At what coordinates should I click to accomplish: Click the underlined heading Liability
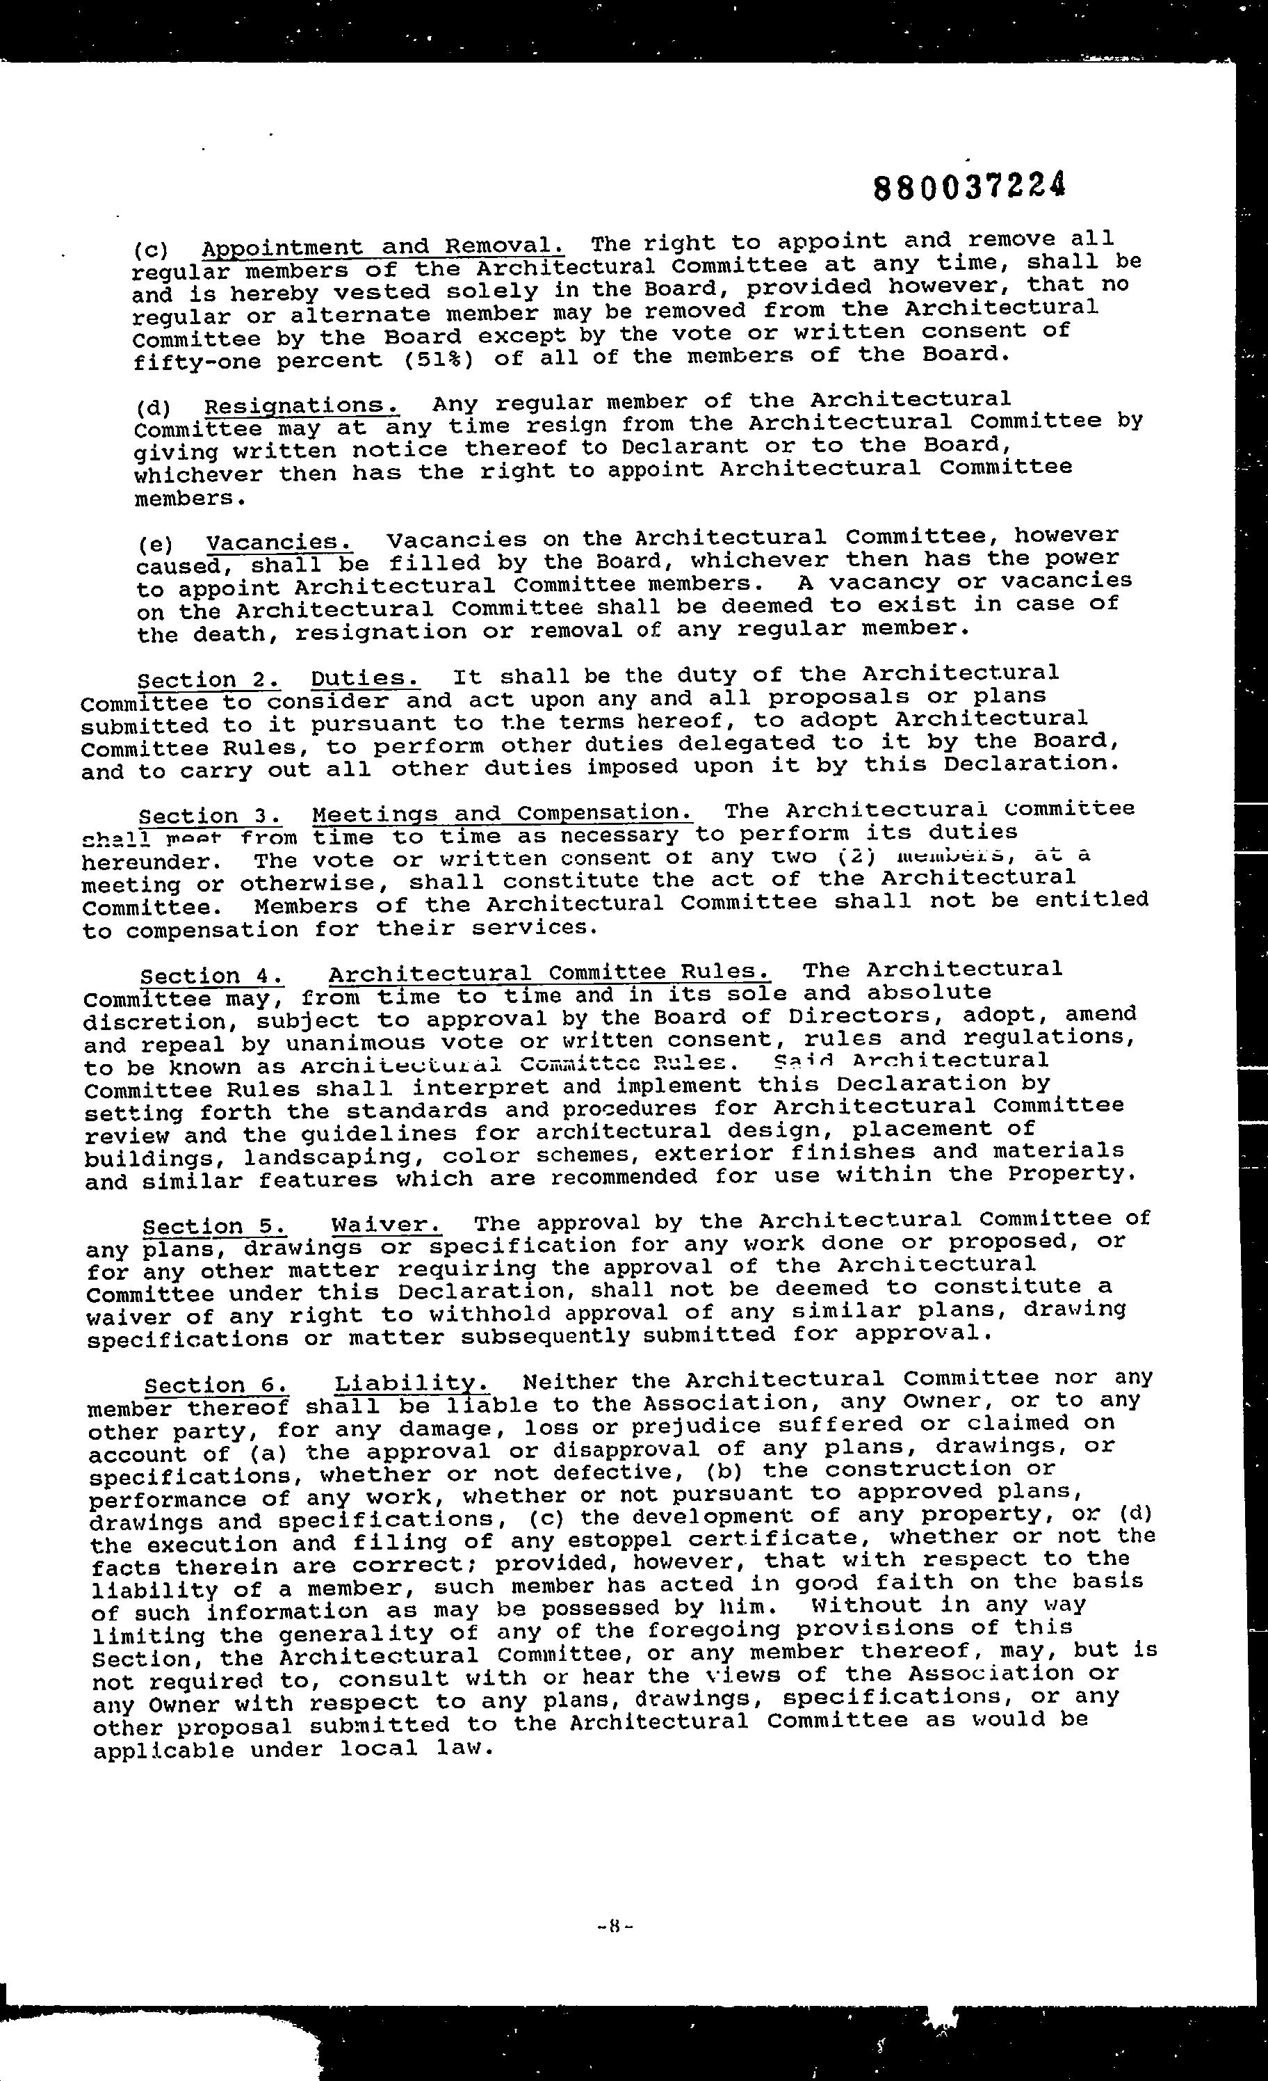pyautogui.click(x=412, y=1383)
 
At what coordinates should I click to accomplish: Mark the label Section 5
pyautogui.click(x=214, y=1226)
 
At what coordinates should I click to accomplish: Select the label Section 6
pyautogui.click(x=216, y=1385)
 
